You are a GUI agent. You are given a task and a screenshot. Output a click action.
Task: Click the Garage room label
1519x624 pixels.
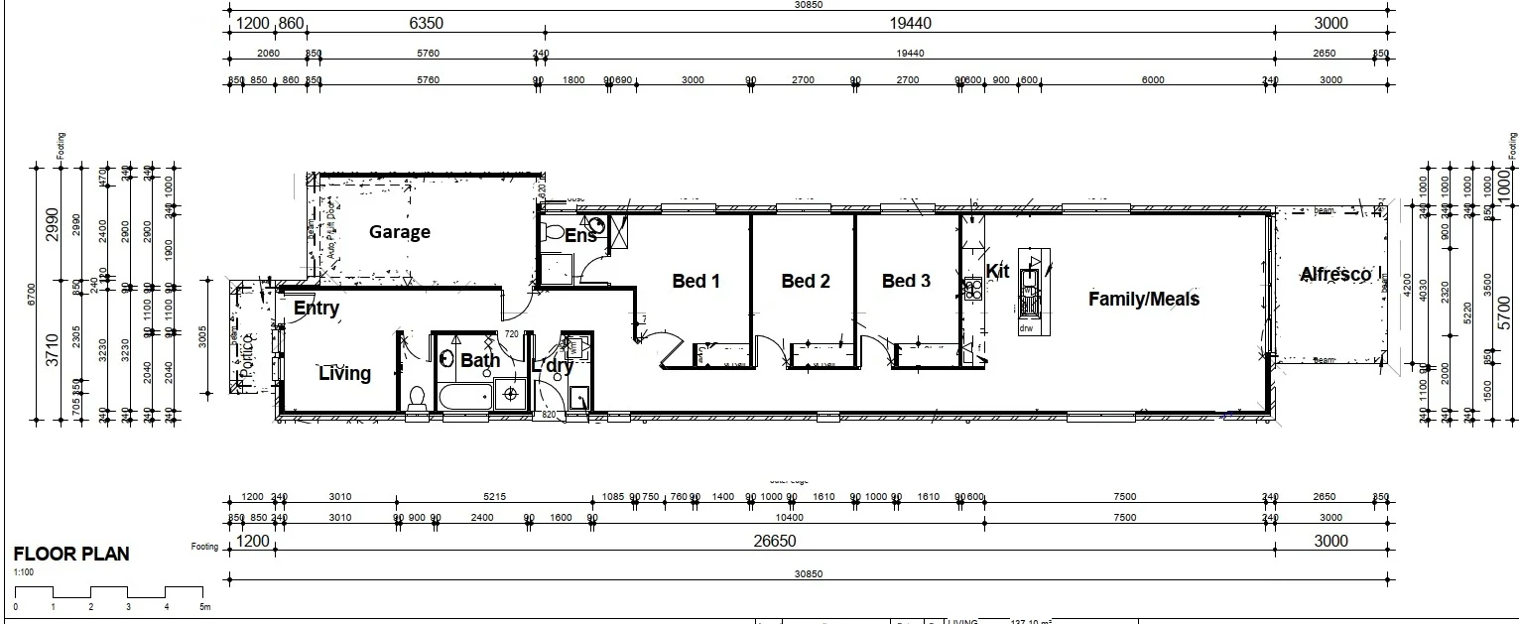[x=400, y=232]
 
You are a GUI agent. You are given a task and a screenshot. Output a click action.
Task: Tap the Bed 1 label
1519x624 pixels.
[x=696, y=281]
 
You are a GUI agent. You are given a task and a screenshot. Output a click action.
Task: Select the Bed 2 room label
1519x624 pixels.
[x=805, y=281]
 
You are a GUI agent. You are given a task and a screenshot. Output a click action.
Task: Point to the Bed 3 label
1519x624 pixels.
[x=906, y=281]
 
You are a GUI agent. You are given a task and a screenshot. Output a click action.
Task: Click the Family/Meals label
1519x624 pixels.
[x=1143, y=299]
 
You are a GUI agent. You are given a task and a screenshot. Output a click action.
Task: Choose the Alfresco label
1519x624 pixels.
[x=1335, y=275]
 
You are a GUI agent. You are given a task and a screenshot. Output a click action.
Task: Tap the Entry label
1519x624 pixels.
[x=316, y=309]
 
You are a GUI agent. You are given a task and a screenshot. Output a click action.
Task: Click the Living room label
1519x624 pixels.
[x=344, y=374]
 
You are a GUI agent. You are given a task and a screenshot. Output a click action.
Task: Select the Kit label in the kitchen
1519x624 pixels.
[x=997, y=271]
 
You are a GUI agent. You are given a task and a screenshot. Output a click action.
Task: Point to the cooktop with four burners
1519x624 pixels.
[x=972, y=290]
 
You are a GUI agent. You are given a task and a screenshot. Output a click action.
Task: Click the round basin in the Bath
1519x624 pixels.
[x=446, y=359]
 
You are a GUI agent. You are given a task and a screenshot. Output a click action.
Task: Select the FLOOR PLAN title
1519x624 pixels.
[x=70, y=555]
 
